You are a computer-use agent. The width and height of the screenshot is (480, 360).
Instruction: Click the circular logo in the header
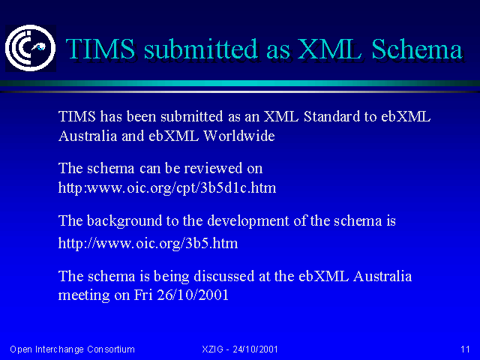[x=30, y=48]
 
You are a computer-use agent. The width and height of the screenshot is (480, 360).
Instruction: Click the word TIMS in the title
[x=100, y=49]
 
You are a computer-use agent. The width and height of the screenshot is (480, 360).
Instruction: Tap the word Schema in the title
[x=417, y=49]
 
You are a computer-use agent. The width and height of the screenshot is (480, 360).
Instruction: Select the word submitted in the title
[x=201, y=49]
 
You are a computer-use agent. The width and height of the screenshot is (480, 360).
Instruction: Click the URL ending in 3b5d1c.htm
[x=167, y=188]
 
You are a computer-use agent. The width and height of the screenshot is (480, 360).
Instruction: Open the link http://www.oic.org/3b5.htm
[x=148, y=243]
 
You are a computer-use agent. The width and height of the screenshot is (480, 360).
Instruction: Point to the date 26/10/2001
[x=193, y=295]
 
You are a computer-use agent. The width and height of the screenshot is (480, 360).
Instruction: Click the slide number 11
[x=465, y=349]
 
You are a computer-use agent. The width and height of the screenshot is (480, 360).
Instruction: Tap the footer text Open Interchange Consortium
[x=72, y=349]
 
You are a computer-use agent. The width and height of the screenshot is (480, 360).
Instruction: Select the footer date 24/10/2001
[x=255, y=349]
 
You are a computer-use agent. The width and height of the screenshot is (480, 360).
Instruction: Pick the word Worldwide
[x=239, y=136]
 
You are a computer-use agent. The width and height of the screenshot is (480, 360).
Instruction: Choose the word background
[x=124, y=221]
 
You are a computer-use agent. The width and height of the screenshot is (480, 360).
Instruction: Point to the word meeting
[x=84, y=295]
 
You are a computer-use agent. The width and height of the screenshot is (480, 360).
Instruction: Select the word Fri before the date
[x=143, y=295]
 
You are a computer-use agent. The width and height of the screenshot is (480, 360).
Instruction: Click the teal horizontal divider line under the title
[x=240, y=83]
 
